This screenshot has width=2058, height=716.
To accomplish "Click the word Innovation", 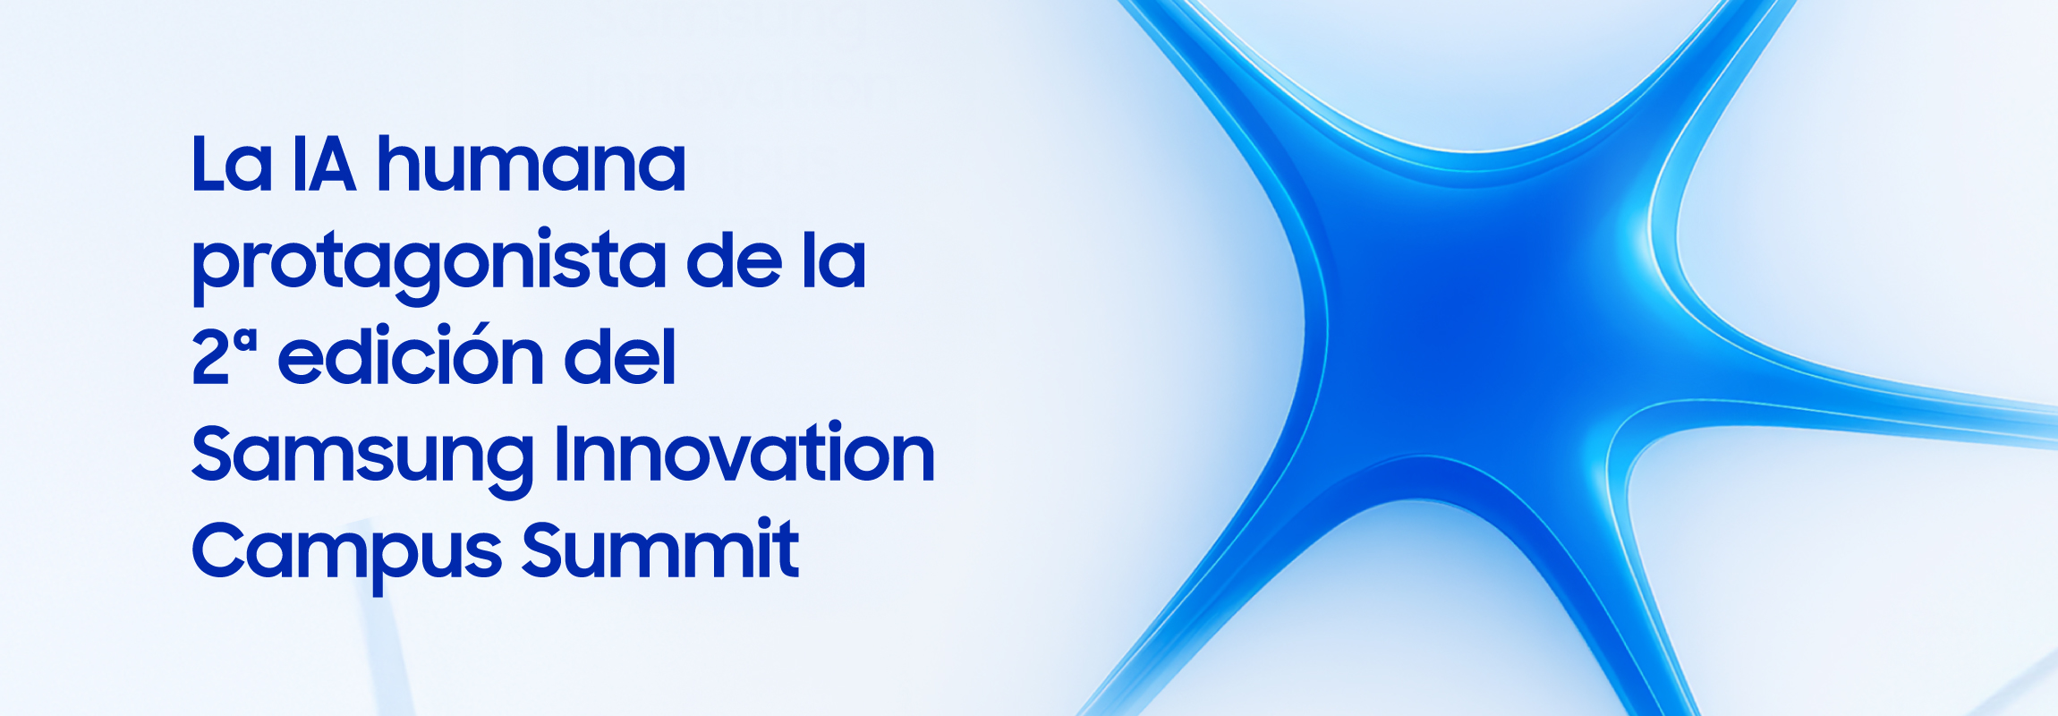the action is [x=744, y=452].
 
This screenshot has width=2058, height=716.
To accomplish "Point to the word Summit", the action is [x=660, y=549].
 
